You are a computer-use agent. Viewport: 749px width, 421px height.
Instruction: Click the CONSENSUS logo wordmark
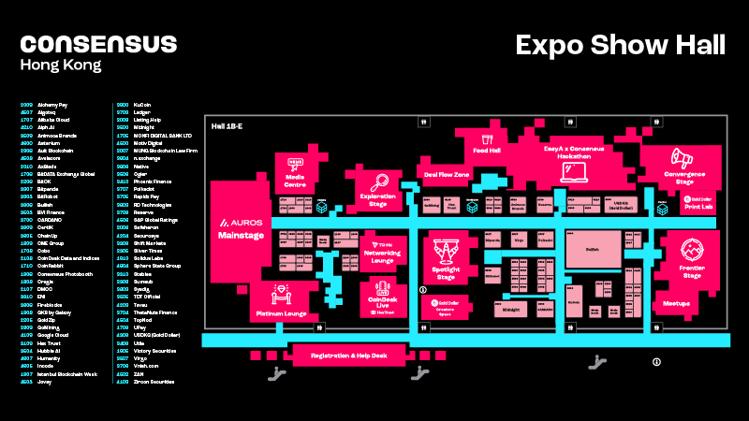click(x=98, y=44)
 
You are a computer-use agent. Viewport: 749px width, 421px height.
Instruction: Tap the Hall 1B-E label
click(x=226, y=126)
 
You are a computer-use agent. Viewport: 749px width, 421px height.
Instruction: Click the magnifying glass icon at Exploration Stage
click(x=380, y=182)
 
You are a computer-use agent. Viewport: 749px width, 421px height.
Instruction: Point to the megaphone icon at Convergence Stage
click(x=680, y=158)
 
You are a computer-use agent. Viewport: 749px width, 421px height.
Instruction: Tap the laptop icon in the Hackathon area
click(x=572, y=170)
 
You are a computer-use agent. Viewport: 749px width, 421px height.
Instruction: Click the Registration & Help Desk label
click(x=348, y=356)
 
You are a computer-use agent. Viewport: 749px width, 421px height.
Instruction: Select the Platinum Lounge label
click(x=282, y=313)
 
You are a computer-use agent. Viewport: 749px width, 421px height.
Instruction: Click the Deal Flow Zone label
click(x=446, y=174)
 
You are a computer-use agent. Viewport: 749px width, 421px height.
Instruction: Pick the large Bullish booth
click(x=593, y=250)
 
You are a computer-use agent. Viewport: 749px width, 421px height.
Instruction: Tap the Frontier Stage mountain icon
click(x=693, y=251)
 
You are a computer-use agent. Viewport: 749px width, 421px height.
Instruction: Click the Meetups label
click(x=677, y=303)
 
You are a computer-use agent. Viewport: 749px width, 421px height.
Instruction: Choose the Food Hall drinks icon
click(x=487, y=138)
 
